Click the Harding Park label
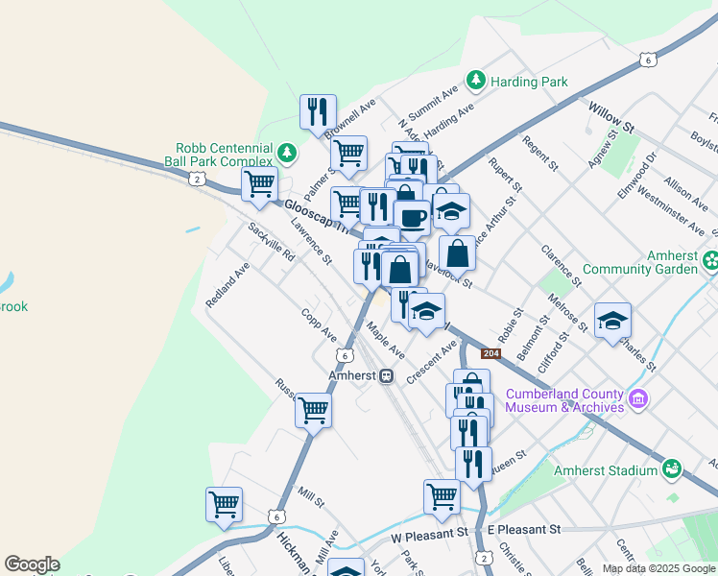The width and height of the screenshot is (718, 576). pyautogui.click(x=529, y=81)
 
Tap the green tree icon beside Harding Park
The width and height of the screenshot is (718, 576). pyautogui.click(x=474, y=80)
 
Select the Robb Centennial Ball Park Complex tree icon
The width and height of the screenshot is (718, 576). pyautogui.click(x=286, y=153)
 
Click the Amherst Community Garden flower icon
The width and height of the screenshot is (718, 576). pyautogui.click(x=710, y=259)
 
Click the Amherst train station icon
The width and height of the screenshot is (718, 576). pyautogui.click(x=386, y=375)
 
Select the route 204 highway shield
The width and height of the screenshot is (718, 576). pyautogui.click(x=491, y=353)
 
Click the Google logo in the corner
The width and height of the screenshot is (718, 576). pyautogui.click(x=32, y=564)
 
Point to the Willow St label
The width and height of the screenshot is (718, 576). pyautogui.click(x=611, y=118)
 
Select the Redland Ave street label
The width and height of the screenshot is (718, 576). pyautogui.click(x=227, y=284)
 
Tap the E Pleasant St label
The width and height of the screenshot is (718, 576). pyautogui.click(x=523, y=530)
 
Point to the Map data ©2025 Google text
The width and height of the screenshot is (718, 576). pyautogui.click(x=658, y=567)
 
